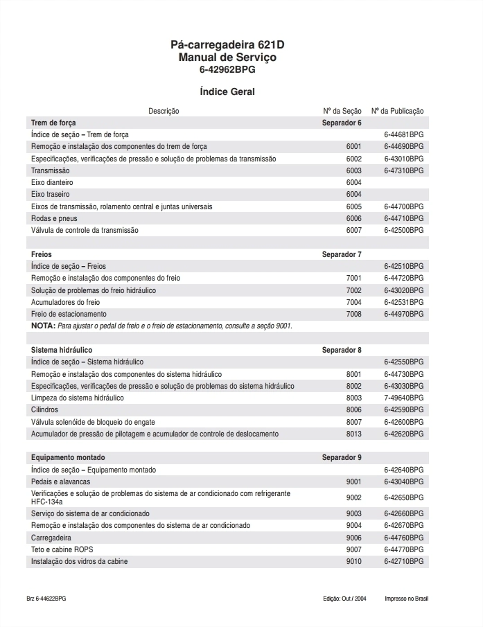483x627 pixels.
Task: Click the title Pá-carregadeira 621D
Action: (x=227, y=45)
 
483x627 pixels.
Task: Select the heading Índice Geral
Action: (x=227, y=91)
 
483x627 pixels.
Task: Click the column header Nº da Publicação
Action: (x=397, y=111)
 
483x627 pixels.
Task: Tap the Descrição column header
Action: (x=164, y=111)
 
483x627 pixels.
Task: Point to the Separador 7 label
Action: (x=342, y=254)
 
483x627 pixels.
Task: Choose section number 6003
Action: (x=353, y=170)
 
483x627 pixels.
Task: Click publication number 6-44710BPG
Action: (x=403, y=218)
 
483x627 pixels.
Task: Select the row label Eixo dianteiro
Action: (x=52, y=182)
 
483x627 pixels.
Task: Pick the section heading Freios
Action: (x=42, y=254)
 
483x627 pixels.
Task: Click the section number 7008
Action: (x=353, y=314)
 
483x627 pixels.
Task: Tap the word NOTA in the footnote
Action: (x=43, y=326)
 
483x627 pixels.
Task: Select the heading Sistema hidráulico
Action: (x=62, y=350)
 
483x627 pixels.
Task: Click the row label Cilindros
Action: (x=45, y=410)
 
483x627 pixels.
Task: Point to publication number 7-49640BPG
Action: (x=403, y=398)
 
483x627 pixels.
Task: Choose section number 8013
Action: (x=353, y=434)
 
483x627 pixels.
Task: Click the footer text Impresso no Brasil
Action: (x=407, y=598)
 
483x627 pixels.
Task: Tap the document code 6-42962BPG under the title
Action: (x=227, y=69)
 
